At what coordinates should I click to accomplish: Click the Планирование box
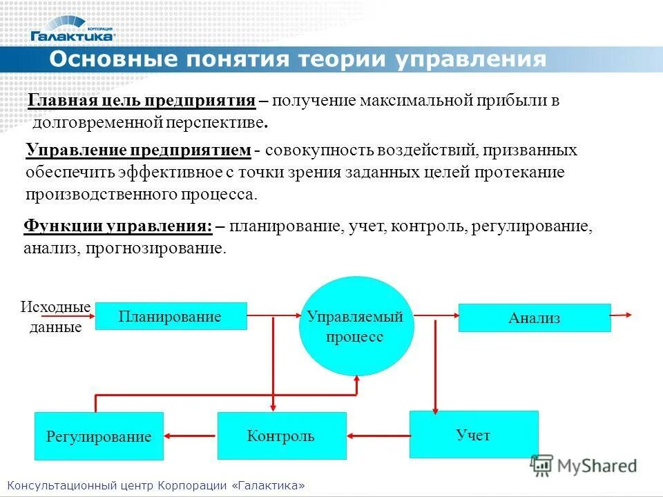click(x=171, y=317)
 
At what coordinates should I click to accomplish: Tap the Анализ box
click(x=535, y=318)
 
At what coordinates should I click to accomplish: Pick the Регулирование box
click(x=99, y=436)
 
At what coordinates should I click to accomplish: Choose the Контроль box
click(x=282, y=436)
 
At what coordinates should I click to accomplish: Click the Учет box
click(x=473, y=435)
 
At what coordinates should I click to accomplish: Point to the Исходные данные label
click(x=56, y=317)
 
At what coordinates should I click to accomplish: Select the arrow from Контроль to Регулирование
click(x=190, y=436)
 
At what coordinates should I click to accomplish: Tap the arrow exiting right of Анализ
click(x=622, y=315)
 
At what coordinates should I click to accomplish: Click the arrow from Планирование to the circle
click(x=273, y=316)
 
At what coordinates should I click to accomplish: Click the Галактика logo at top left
click(x=73, y=28)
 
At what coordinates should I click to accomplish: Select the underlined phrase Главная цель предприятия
click(x=142, y=101)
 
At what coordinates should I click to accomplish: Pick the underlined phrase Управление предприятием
click(x=138, y=150)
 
